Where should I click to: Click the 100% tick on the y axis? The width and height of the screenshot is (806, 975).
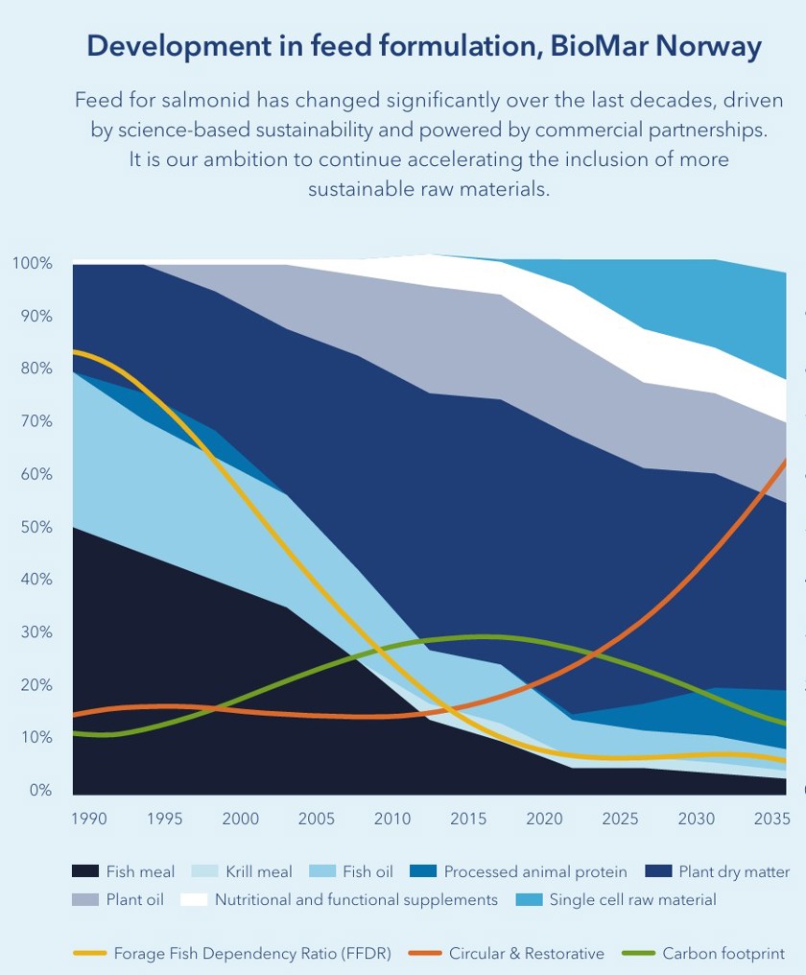tap(33, 263)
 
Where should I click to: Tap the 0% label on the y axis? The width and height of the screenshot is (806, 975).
tap(39, 790)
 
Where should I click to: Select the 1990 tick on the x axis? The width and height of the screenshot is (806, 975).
tap(89, 819)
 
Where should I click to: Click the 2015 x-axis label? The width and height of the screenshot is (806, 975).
tap(468, 819)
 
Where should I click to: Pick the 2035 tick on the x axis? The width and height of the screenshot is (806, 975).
tap(771, 819)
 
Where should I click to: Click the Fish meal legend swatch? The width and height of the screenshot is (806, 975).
tap(85, 871)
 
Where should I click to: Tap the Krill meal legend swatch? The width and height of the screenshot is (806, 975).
tap(204, 871)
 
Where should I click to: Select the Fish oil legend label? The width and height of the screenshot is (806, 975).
tap(367, 871)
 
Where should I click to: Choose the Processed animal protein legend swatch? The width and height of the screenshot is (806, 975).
tap(423, 871)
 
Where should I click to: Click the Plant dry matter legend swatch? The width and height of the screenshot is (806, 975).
tap(658, 871)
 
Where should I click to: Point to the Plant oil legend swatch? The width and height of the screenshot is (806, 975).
tap(85, 899)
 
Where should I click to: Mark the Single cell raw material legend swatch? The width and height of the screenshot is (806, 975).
tap(530, 899)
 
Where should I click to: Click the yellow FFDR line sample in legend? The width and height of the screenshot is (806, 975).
tap(89, 953)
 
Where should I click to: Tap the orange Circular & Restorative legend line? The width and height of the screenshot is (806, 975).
tap(425, 953)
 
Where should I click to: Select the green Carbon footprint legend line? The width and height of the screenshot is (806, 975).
tap(639, 953)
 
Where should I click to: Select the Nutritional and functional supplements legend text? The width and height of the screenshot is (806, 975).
tap(356, 900)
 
